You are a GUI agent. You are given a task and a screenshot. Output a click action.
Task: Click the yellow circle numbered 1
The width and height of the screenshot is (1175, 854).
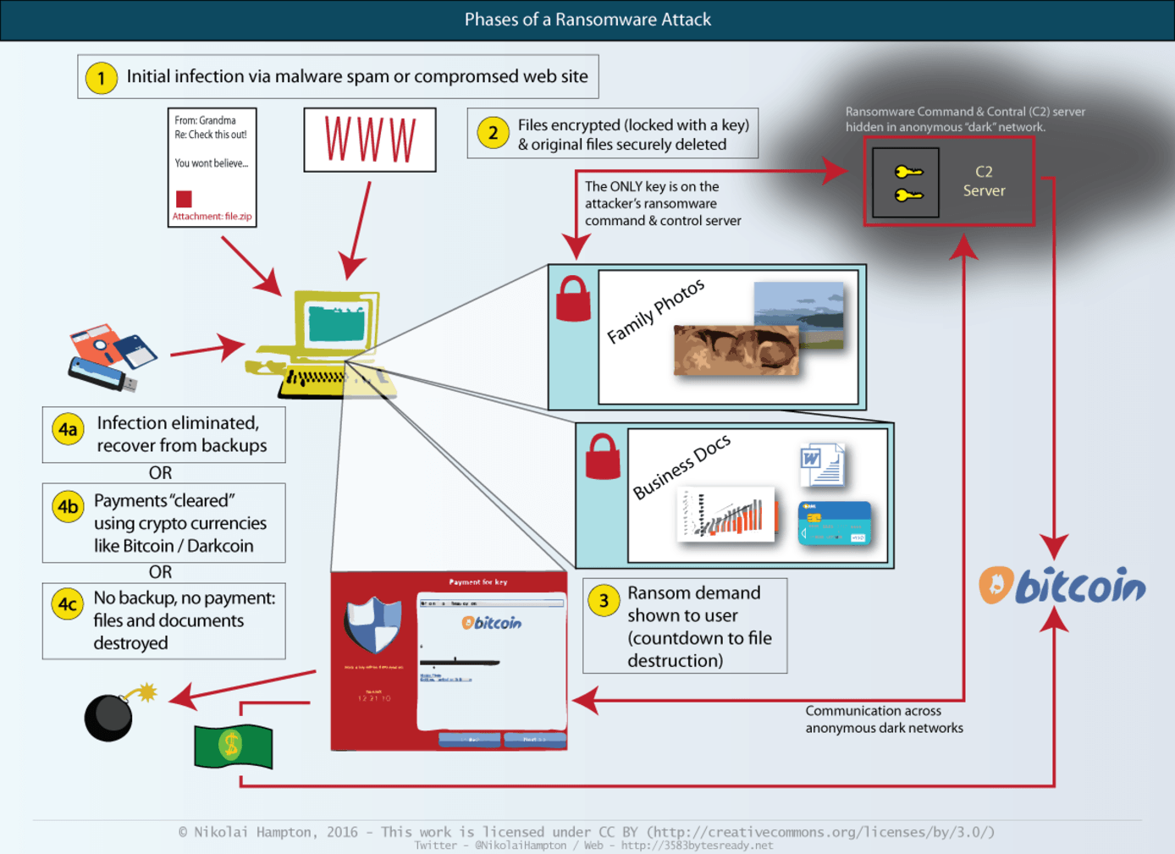pos(102,78)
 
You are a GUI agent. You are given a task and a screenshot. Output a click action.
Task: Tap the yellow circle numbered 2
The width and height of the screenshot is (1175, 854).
pos(493,133)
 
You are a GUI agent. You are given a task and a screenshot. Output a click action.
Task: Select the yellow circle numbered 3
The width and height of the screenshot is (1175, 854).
pos(604,601)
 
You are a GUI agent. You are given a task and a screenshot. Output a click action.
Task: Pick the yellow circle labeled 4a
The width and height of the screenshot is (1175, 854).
pos(68,429)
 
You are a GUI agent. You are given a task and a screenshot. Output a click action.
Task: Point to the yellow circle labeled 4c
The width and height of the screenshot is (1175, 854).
pos(68,604)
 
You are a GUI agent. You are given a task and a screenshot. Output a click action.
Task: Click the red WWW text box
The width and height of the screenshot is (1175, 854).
pos(370,140)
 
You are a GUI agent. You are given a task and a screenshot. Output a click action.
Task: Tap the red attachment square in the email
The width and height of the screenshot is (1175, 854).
pos(184,199)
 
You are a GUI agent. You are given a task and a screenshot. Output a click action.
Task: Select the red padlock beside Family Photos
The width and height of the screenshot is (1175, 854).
pos(573,300)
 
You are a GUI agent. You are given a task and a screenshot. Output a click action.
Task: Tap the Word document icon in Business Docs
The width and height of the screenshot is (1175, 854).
pos(822,465)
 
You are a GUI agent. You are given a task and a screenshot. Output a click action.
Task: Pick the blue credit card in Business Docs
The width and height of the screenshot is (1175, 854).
pos(834,523)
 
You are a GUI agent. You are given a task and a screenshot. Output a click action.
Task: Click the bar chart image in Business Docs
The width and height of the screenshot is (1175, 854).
pos(726,514)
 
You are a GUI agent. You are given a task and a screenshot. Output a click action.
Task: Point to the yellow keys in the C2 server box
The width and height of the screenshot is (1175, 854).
pos(907,184)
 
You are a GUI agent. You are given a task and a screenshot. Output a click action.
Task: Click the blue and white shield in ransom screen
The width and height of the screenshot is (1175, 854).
pos(372,625)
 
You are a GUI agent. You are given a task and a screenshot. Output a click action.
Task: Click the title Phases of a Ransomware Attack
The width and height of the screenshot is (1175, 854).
pos(587,19)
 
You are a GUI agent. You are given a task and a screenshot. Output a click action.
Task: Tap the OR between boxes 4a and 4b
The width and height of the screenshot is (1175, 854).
pos(160,473)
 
